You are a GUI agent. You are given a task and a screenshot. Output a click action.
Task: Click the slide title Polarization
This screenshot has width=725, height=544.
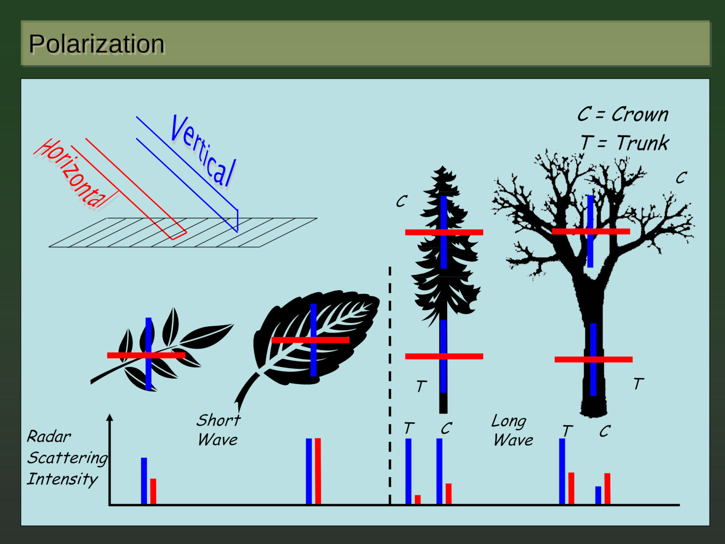pyautogui.click(x=97, y=44)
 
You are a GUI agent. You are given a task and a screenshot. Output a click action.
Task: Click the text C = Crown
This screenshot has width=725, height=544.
pyautogui.click(x=623, y=115)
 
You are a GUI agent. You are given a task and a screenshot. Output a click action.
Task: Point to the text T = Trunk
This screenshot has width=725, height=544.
pyautogui.click(x=624, y=143)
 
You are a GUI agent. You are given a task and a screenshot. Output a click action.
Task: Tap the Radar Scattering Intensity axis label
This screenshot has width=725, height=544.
pyautogui.click(x=67, y=457)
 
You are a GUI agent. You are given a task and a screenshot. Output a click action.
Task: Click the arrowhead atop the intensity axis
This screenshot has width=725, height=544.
pyautogui.click(x=110, y=417)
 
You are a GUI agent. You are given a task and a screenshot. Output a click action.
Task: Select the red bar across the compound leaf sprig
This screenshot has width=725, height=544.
pyautogui.click(x=126, y=355)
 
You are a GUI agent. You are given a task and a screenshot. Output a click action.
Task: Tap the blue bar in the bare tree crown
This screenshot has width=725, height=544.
pyautogui.click(x=590, y=208)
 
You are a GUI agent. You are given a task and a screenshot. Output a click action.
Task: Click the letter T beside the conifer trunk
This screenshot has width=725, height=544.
pyautogui.click(x=421, y=386)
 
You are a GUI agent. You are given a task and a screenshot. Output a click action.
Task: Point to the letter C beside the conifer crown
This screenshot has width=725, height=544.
pyautogui.click(x=401, y=201)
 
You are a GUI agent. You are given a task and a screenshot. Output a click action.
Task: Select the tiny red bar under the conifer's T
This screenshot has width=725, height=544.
pyautogui.click(x=418, y=500)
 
